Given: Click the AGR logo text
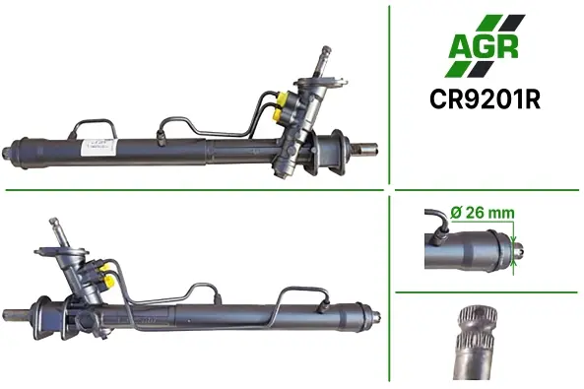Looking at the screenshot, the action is click(484, 46).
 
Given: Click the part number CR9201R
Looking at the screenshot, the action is click(485, 99).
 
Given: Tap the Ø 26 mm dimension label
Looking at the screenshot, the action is click(483, 213).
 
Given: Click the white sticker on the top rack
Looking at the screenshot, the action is click(97, 148).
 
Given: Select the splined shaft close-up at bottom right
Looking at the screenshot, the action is click(476, 343).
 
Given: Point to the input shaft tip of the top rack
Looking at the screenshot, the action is click(326, 49).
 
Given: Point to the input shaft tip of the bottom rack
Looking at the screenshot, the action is click(53, 221).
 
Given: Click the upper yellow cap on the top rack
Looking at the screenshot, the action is click(283, 98).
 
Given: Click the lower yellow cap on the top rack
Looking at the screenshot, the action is click(279, 114).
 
